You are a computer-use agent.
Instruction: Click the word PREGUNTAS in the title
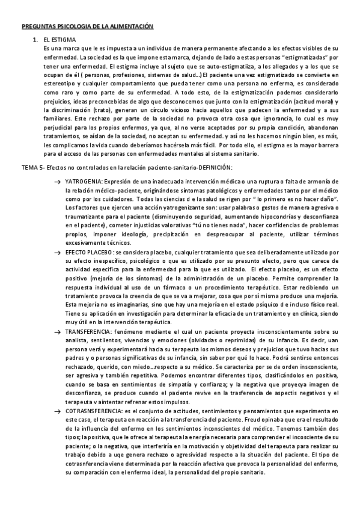point(37,27)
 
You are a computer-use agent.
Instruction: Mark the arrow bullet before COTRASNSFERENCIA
point(56,410)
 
